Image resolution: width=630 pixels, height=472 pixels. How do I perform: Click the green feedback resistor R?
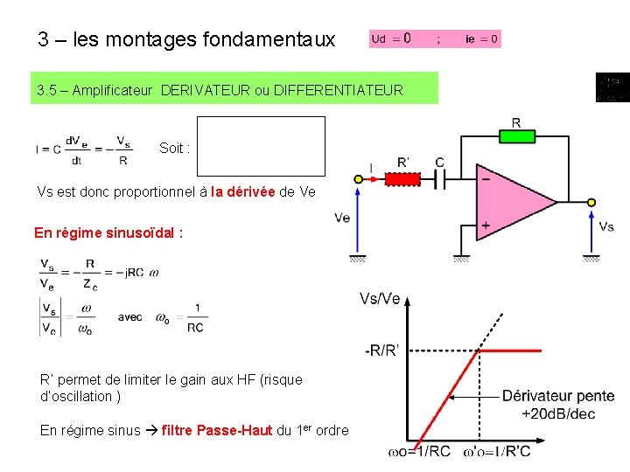click(516, 136)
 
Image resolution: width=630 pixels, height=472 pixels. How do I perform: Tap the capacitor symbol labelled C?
click(440, 178)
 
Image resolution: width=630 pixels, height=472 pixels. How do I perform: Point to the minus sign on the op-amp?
click(484, 177)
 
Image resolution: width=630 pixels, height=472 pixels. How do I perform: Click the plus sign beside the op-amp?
click(484, 226)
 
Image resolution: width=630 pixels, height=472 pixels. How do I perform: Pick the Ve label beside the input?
click(342, 217)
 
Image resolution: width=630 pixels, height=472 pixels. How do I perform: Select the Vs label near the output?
click(606, 226)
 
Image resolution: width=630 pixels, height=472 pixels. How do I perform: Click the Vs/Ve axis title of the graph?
click(380, 299)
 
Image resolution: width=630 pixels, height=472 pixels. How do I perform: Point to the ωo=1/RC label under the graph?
click(419, 452)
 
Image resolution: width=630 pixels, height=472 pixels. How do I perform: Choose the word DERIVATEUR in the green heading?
click(203, 90)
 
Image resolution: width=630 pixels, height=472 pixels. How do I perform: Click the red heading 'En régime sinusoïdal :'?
click(108, 233)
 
